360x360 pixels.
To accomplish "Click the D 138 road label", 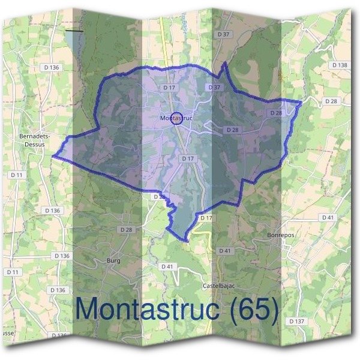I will [x=339, y=65].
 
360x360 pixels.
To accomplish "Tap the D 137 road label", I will [x=296, y=322].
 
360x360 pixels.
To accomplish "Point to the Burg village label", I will [x=113, y=260].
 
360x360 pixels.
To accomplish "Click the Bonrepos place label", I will [x=280, y=235].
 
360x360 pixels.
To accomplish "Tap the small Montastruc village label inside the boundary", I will [x=176, y=118].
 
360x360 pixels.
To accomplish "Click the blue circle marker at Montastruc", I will [x=176, y=118].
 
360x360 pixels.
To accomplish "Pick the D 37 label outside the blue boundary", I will [x=224, y=34].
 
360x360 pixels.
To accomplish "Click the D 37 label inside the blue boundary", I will [x=214, y=88].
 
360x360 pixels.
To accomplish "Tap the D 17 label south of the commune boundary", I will [x=206, y=217].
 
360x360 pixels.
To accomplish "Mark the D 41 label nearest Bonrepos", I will [x=327, y=217].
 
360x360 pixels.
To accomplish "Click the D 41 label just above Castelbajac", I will [x=225, y=250].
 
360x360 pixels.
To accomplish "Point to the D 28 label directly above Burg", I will [x=125, y=230].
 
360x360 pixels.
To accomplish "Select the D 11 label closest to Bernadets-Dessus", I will [x=17, y=174].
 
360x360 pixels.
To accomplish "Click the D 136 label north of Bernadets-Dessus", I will [x=52, y=68].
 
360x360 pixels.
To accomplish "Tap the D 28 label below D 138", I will [x=331, y=101].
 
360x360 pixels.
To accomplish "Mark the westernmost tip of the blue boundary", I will [x=53, y=156].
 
